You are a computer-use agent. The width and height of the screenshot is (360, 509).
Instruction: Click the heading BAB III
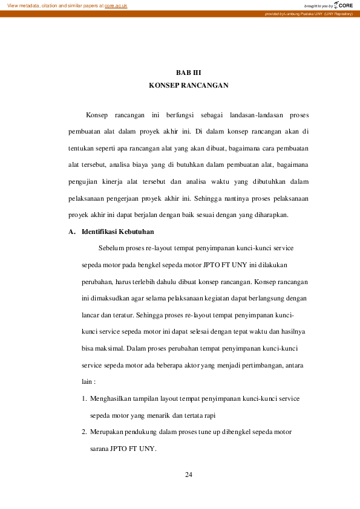(188, 73)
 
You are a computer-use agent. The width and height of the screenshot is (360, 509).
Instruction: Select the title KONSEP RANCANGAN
(188, 86)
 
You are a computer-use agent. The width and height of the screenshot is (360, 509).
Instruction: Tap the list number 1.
(84, 399)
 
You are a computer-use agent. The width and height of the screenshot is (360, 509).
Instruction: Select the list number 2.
(84, 432)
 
